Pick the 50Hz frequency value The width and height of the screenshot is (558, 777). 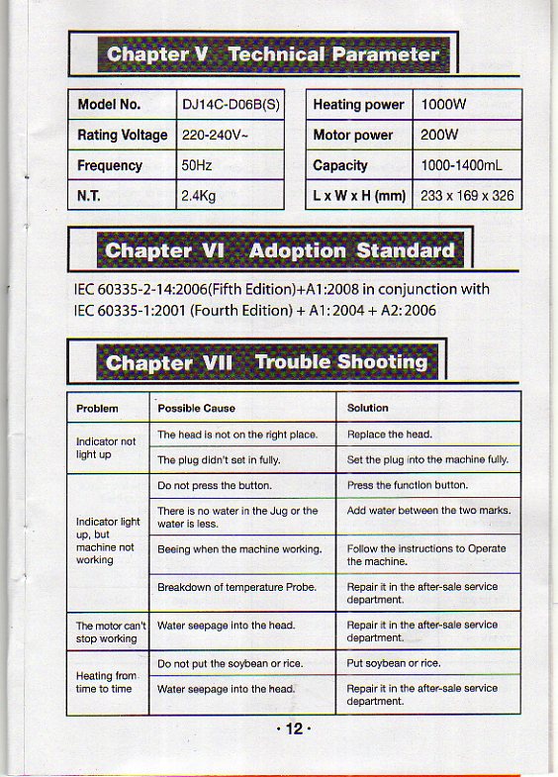pos(196,165)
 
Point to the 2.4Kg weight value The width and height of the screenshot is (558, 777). pos(198,196)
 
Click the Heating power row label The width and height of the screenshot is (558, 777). pos(358,105)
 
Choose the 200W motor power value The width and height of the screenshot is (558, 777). pos(439,136)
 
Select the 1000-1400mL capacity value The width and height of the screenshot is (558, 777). pos(462,165)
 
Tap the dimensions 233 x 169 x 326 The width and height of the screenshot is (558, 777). pos(467,196)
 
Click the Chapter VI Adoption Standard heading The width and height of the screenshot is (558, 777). pos(280,250)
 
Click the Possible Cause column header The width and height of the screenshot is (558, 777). pos(196,408)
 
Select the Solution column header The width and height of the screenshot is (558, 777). pos(367,408)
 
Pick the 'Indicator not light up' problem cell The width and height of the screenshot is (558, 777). pos(106,447)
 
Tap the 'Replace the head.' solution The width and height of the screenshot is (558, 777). pos(389,435)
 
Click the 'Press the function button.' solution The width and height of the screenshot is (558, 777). pos(407,486)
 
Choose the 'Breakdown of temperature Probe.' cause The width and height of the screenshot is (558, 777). pos(236,587)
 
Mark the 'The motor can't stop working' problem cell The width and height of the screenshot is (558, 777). pos(111,631)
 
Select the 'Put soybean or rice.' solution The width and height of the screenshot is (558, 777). pos(394,662)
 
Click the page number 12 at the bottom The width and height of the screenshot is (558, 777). pos(293,729)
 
